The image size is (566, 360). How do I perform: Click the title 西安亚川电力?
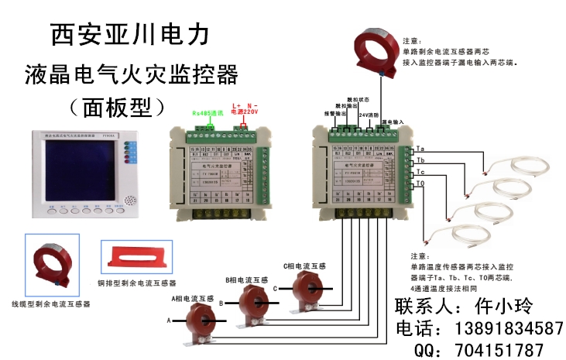[x=129, y=33]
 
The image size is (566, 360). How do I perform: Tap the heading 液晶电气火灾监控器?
[x=131, y=75]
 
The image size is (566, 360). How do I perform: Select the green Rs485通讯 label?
[x=207, y=113]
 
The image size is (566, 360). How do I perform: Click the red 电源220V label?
[x=245, y=113]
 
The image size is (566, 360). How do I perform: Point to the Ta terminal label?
[x=420, y=149]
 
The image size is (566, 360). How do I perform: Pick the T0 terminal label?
[x=420, y=183]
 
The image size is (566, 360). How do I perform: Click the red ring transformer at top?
[x=378, y=51]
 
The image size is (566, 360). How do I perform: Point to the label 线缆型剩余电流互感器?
[x=50, y=304]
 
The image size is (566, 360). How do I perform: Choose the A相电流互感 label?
[x=193, y=298]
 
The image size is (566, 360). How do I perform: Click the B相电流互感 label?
[x=246, y=279]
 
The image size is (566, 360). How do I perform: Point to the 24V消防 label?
[x=369, y=114]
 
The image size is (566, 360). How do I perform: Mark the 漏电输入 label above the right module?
[x=392, y=122]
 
